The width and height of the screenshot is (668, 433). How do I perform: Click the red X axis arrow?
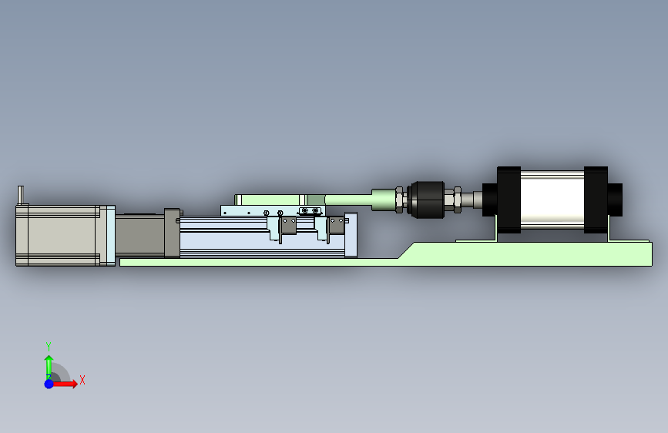64,384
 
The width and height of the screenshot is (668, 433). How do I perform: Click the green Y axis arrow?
49,368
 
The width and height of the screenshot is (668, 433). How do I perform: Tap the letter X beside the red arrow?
82,380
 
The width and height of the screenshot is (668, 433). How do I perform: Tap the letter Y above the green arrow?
49,346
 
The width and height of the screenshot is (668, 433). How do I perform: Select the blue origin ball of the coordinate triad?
49,384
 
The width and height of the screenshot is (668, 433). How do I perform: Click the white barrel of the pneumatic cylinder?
552,200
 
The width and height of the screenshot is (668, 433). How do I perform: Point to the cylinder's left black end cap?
509,200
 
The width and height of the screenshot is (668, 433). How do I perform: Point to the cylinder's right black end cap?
596,200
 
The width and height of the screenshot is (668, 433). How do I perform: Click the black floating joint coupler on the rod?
426,200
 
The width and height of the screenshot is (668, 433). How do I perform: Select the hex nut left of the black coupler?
400,200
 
